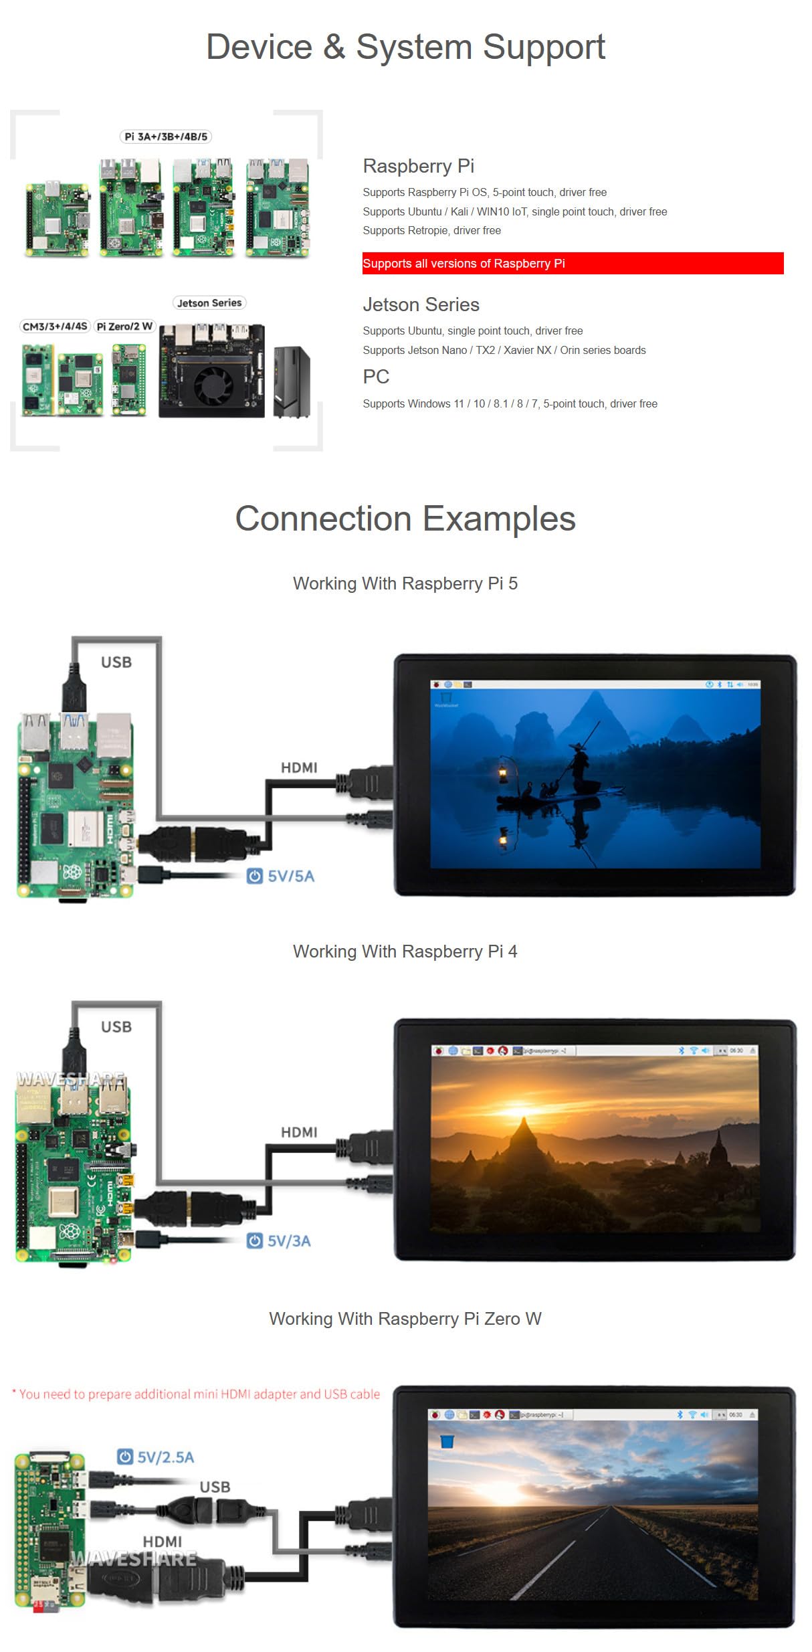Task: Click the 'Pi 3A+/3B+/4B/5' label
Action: pyautogui.click(x=166, y=136)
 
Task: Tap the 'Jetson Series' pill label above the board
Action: pyautogui.click(x=209, y=303)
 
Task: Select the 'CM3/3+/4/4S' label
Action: pyautogui.click(x=55, y=327)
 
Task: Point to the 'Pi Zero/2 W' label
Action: pyautogui.click(x=124, y=327)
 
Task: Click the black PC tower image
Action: pyautogui.click(x=292, y=382)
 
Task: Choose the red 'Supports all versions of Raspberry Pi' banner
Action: pyautogui.click(x=573, y=264)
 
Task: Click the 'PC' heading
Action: pyautogui.click(x=376, y=377)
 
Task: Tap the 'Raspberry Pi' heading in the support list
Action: pyautogui.click(x=418, y=166)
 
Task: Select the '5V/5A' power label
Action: pyautogui.click(x=290, y=877)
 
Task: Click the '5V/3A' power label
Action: pyautogui.click(x=289, y=1241)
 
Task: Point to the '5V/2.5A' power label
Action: pyautogui.click(x=165, y=1457)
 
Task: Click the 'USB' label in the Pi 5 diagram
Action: pyautogui.click(x=116, y=662)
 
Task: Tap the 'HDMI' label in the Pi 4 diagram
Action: pyautogui.click(x=299, y=1132)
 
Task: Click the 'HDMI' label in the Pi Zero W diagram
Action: pyautogui.click(x=163, y=1542)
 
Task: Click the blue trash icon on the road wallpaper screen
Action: pyautogui.click(x=447, y=1441)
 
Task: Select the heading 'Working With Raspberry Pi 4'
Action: pyautogui.click(x=405, y=951)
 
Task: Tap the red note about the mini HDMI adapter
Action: pyautogui.click(x=196, y=1394)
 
